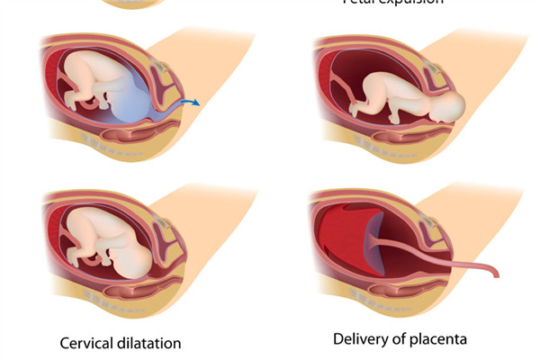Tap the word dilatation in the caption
coord(150,343)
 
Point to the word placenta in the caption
coord(437,339)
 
